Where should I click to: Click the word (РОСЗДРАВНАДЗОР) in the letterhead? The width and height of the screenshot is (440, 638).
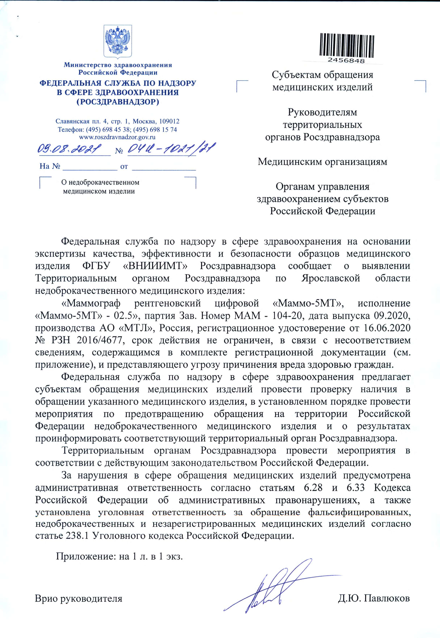[x=118, y=102]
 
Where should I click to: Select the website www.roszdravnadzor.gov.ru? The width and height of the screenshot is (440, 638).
[x=117, y=137]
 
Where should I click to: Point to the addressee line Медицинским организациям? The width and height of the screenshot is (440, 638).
[x=322, y=162]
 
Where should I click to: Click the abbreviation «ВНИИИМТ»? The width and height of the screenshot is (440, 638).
[x=155, y=266]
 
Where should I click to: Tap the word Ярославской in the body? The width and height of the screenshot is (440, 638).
[x=331, y=278]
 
